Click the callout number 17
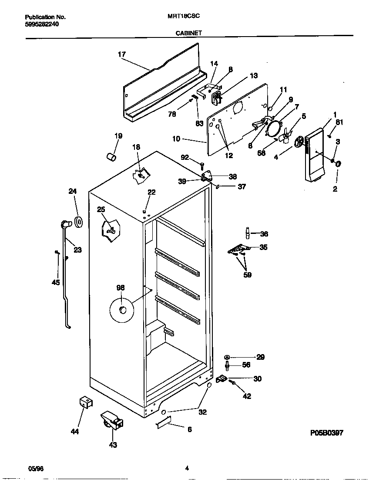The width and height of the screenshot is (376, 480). pyautogui.click(x=121, y=54)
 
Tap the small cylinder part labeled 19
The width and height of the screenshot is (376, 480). pyautogui.click(x=111, y=156)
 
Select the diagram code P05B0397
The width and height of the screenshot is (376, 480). pyautogui.click(x=327, y=433)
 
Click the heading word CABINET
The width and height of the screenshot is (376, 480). pyautogui.click(x=188, y=33)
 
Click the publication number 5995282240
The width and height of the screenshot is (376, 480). pyautogui.click(x=42, y=24)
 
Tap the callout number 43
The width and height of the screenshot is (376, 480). pyautogui.click(x=113, y=445)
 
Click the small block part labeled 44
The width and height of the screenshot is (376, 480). pyautogui.click(x=86, y=403)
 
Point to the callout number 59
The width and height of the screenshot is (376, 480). pyautogui.click(x=247, y=275)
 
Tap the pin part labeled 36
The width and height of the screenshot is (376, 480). pyautogui.click(x=248, y=233)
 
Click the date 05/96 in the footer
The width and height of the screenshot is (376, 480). pyautogui.click(x=36, y=468)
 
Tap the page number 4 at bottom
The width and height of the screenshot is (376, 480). pyautogui.click(x=187, y=468)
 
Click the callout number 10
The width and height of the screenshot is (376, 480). pyautogui.click(x=176, y=139)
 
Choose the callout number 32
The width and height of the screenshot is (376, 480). pyautogui.click(x=202, y=412)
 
